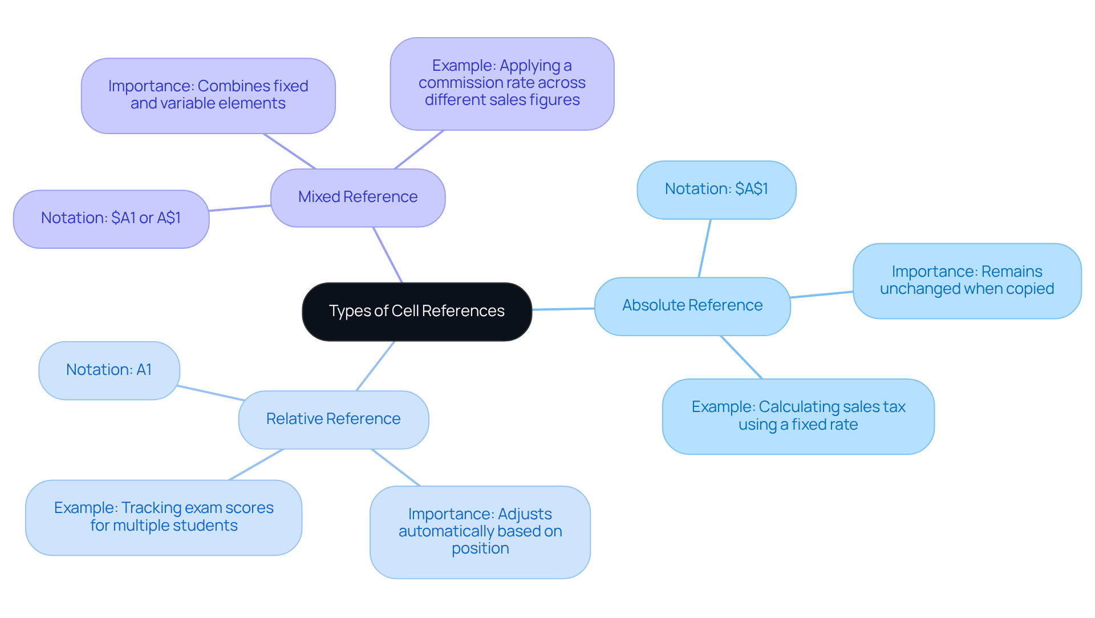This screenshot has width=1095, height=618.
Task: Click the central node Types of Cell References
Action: tap(416, 312)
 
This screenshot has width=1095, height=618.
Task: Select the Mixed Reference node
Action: tap(358, 197)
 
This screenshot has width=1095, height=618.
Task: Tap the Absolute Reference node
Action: tap(692, 306)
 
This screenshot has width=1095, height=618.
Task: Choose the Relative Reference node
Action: tap(333, 419)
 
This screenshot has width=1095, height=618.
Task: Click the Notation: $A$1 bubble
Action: tap(716, 189)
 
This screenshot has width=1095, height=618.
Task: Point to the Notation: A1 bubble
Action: tap(109, 370)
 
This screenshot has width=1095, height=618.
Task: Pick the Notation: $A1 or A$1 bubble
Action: tap(111, 219)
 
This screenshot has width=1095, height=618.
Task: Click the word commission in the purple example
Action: tap(455, 83)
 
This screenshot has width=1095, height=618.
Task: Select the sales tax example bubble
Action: tap(798, 416)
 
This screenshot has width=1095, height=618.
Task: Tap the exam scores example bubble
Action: tap(163, 517)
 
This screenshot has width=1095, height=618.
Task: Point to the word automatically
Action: tap(447, 532)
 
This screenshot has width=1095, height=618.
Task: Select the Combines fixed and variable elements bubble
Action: tap(208, 95)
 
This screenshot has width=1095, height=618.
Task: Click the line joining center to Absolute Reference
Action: tap(563, 309)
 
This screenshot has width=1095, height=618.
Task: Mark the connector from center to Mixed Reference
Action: tap(388, 255)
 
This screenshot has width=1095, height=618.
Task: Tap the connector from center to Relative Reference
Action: tap(375, 366)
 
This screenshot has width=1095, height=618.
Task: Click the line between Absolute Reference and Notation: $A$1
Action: tap(705, 248)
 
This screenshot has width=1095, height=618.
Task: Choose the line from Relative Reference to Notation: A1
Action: tap(211, 393)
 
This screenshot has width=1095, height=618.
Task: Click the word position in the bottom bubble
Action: tap(480, 549)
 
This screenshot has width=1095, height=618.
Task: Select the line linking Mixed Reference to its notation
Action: tap(240, 208)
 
